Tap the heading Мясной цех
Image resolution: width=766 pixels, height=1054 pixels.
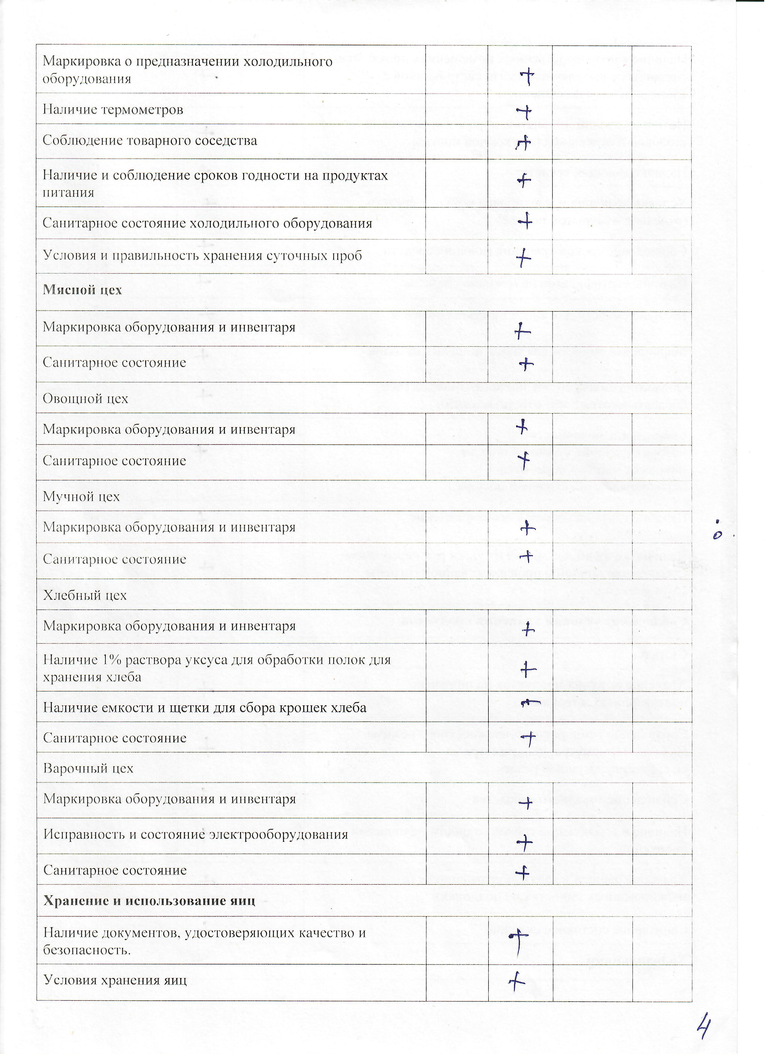[82, 290]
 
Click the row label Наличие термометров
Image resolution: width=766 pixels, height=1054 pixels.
[113, 110]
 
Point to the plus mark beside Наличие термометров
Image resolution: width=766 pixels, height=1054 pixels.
[525, 112]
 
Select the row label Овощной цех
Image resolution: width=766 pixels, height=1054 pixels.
[86, 399]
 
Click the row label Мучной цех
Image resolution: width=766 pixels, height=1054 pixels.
[81, 497]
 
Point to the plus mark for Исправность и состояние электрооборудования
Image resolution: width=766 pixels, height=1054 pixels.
[524, 842]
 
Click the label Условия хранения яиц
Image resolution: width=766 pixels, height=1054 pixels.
[115, 981]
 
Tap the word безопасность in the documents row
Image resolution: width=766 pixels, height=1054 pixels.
[87, 950]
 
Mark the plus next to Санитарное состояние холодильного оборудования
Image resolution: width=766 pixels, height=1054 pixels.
[525, 220]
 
